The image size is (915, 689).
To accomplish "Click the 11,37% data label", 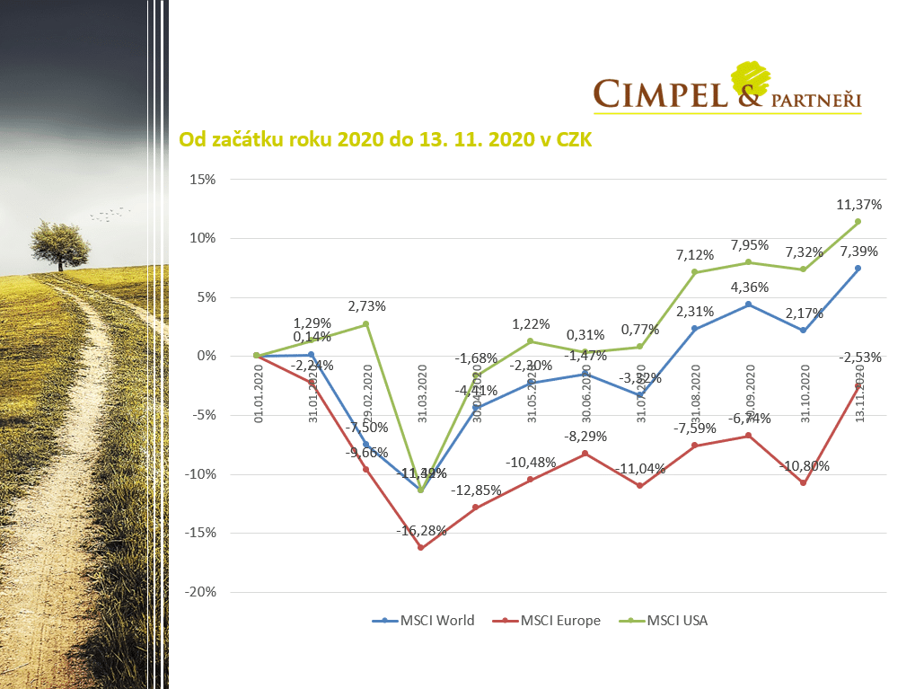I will [858, 205].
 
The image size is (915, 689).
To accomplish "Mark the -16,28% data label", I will [421, 531].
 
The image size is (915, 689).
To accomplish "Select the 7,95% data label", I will [749, 245].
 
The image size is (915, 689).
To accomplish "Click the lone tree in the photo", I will [60, 242].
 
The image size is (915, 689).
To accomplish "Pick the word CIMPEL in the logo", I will [661, 93].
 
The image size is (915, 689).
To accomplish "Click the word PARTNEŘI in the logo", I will [815, 100].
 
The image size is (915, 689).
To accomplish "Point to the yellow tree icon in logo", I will [751, 77].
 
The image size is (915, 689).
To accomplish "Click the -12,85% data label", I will [475, 490].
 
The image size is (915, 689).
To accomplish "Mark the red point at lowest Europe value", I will [420, 548].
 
